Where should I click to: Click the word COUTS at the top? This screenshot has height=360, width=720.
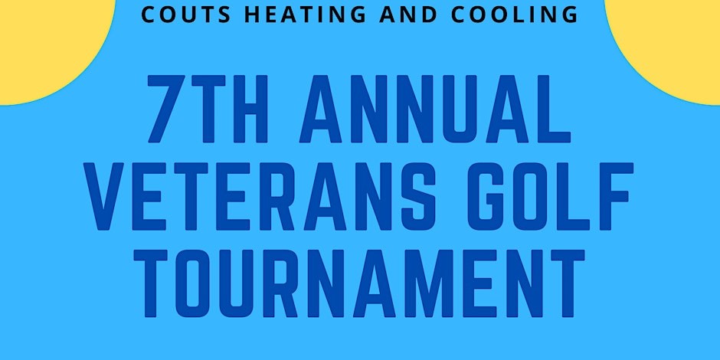coord(186,15)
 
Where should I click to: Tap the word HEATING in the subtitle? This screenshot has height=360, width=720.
coord(305,15)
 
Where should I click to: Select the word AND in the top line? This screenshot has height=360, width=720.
coord(408,15)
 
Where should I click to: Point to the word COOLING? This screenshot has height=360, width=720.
coord(514,15)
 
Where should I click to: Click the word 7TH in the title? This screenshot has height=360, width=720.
coord(208,109)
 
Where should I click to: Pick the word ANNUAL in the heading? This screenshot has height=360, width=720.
coord(435,109)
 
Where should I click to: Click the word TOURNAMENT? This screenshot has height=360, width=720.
coord(359,283)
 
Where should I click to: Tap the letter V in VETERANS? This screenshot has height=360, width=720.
coord(103,197)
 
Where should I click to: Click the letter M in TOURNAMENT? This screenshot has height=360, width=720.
coord(431,283)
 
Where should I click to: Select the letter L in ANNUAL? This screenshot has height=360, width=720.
coord(554,109)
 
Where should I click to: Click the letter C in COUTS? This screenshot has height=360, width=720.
coord(149,15)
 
